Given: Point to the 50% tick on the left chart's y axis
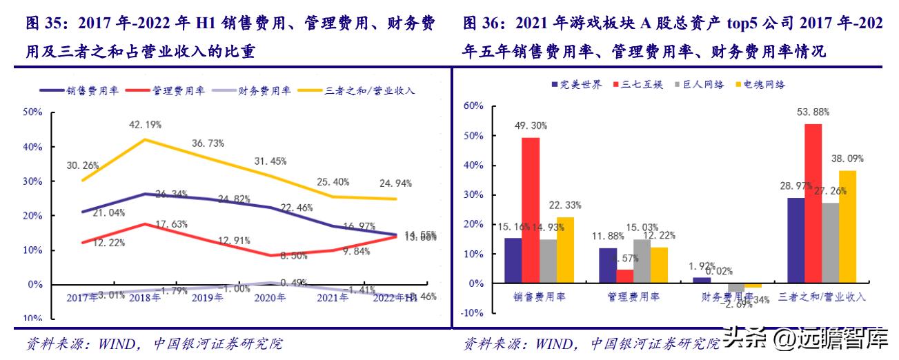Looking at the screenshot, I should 34,112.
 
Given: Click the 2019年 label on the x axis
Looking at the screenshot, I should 207,297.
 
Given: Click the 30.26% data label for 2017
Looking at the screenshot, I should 83,166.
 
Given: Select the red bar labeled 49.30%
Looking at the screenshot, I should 531,210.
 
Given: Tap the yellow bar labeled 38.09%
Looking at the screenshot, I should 847,227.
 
